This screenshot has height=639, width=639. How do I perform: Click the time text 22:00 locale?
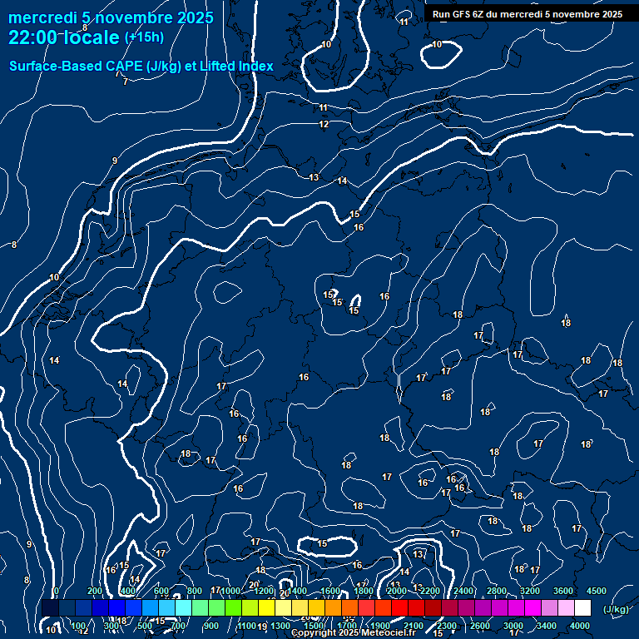(x=65, y=37)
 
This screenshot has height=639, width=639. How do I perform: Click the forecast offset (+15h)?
(x=144, y=37)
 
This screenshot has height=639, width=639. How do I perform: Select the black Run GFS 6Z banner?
(x=528, y=14)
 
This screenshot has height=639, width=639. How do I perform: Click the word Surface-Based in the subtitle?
(x=57, y=66)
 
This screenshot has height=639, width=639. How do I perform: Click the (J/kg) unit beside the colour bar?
(x=616, y=610)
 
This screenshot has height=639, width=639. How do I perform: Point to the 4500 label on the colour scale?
(x=597, y=591)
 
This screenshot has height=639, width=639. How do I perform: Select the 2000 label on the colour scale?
(x=397, y=591)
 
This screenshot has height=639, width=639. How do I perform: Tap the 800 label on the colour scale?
(x=194, y=591)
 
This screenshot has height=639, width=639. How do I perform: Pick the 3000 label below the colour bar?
(x=513, y=626)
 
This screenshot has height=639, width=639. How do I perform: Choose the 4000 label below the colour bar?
(x=580, y=626)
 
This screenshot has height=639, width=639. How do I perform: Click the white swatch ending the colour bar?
(x=582, y=608)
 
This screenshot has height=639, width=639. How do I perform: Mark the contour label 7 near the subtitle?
(x=125, y=82)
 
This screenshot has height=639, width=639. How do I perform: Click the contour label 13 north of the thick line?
(x=314, y=177)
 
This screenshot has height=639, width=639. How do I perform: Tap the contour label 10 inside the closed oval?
(x=437, y=44)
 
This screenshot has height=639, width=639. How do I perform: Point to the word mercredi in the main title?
(x=43, y=17)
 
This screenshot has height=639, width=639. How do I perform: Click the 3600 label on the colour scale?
(x=563, y=591)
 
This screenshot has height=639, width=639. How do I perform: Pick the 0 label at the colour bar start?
(x=56, y=591)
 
